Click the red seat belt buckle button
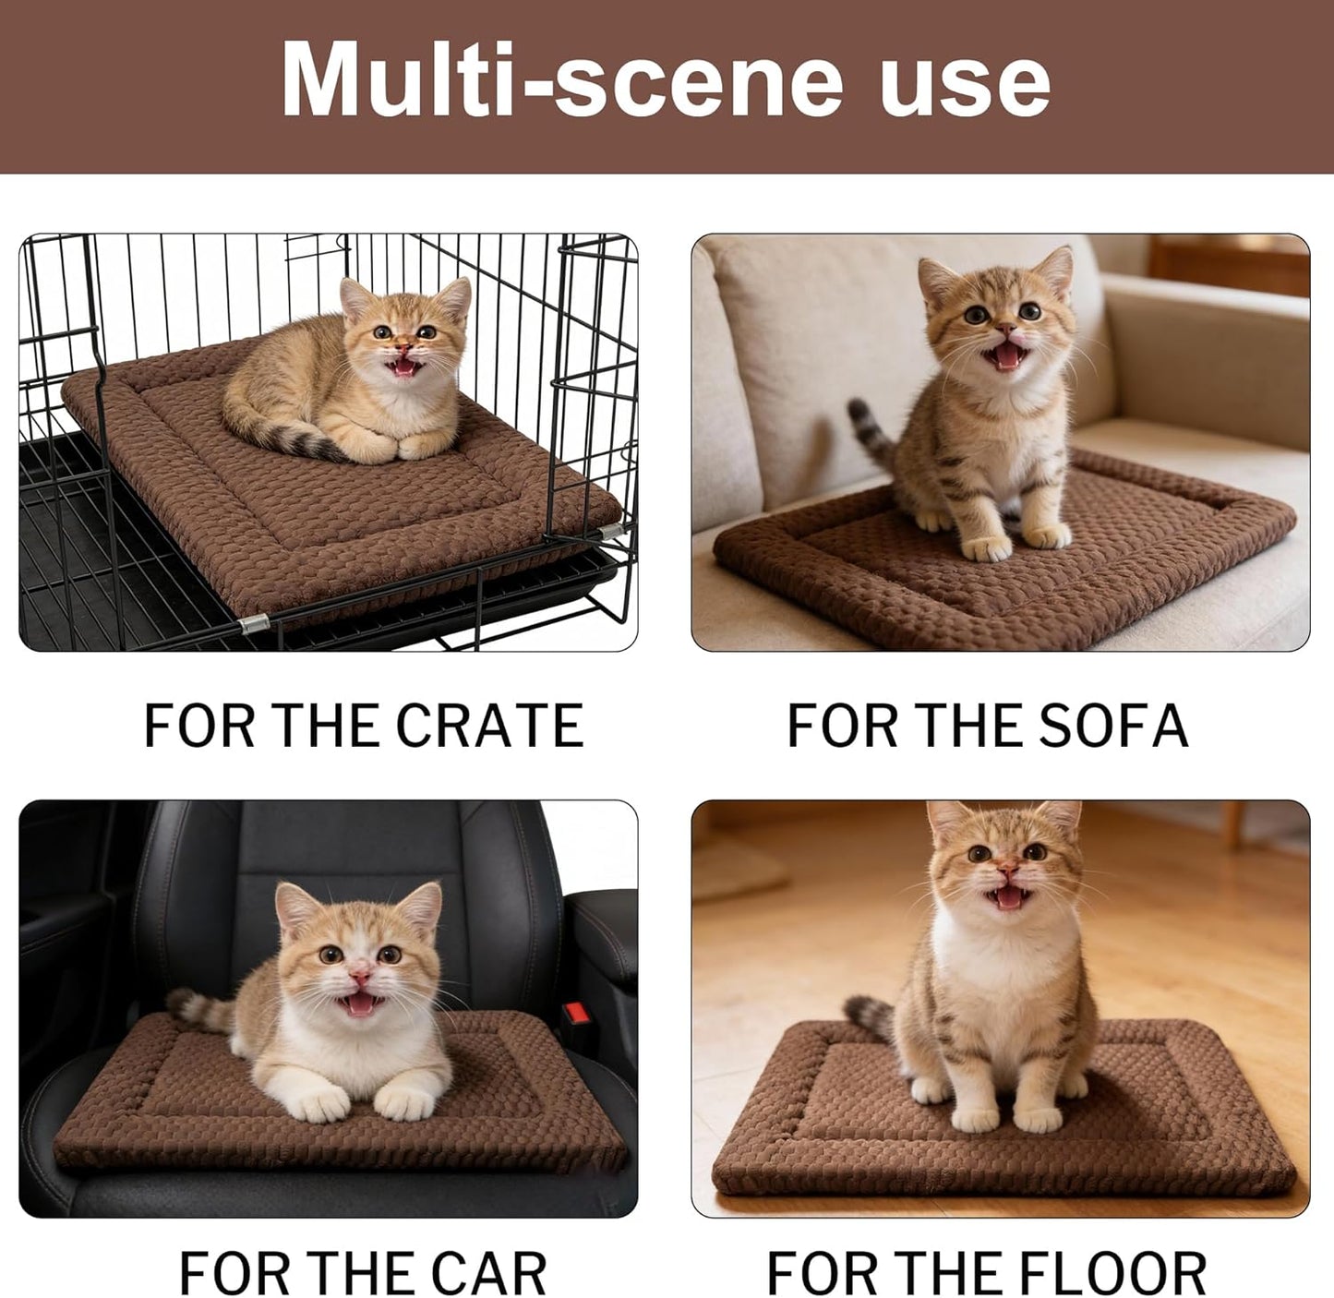[x=579, y=1016]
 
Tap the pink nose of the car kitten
[x=361, y=977]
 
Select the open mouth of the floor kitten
[x=1005, y=896]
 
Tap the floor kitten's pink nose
[x=1007, y=870]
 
